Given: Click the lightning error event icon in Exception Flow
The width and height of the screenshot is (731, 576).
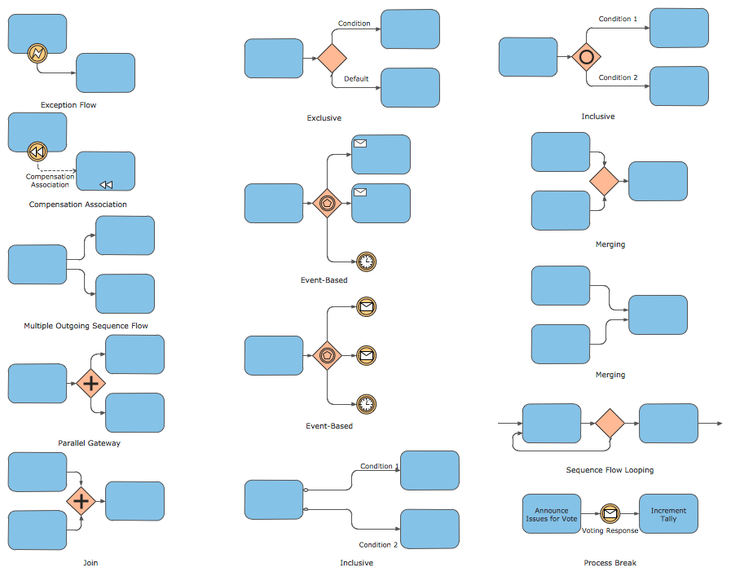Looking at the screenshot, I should coord(37,54).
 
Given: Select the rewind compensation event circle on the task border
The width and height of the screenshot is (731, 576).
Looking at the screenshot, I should coord(37,151).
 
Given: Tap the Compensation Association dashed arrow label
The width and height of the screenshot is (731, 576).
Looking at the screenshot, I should coord(50,181).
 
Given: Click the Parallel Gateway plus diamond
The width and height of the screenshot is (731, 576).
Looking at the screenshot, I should coord(91,383).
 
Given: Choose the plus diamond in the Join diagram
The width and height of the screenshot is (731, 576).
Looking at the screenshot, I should coord(81,501).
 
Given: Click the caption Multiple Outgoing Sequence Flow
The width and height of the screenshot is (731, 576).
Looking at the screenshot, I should coord(86,326).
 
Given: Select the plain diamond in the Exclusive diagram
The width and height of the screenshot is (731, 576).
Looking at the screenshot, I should coord(332,59).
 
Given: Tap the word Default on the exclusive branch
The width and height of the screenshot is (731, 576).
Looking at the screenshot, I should coord(356,79).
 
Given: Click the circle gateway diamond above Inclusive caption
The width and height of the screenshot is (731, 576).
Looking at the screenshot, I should coord(585,57).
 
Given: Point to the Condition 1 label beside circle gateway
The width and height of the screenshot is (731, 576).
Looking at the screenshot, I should coord(618,19).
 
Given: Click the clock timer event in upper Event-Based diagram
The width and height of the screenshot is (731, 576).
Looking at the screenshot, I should coord(367,262).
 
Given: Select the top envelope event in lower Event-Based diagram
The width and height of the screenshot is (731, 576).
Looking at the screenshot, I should coord(367,307).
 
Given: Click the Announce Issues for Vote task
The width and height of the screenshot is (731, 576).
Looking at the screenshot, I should coord(551,514).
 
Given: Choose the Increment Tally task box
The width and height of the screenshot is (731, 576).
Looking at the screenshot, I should coord(668,514).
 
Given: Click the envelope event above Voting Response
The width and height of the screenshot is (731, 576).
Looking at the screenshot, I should coord(610,513).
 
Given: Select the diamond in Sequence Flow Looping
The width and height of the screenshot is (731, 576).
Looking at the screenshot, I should coord(609,424).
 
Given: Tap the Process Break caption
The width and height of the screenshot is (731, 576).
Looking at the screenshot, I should coord(610,563).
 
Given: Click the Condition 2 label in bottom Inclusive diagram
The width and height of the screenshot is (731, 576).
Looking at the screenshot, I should coord(378,545).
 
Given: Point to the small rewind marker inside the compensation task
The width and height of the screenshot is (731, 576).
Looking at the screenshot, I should coord(106,185).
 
